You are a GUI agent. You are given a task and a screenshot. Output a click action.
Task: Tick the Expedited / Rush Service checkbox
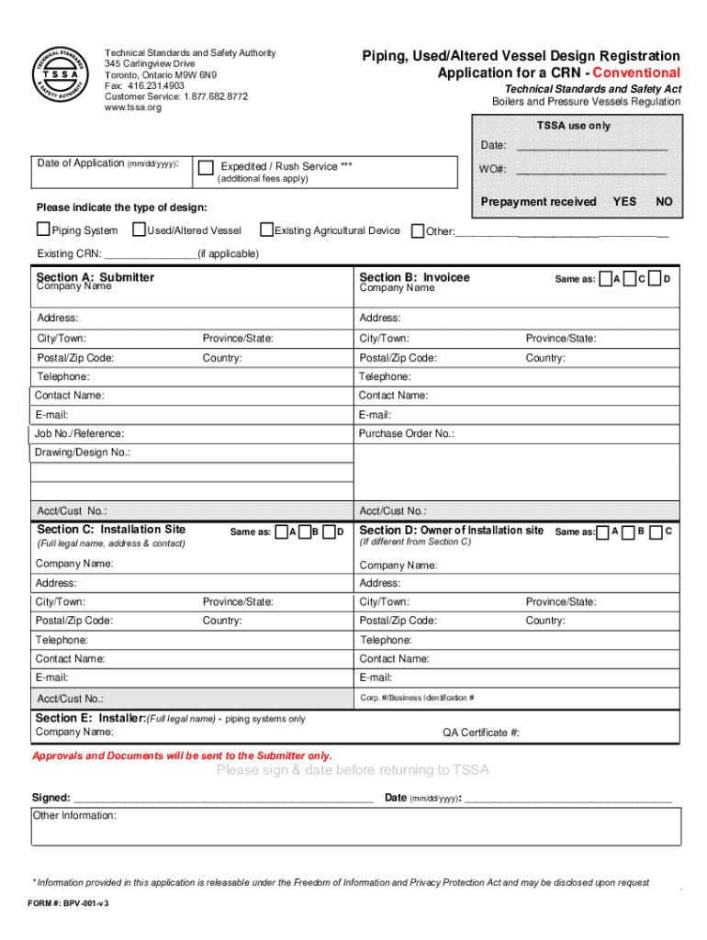[207, 167]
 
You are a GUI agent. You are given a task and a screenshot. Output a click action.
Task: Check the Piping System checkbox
[43, 229]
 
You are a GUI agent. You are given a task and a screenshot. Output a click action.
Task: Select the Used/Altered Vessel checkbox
[140, 229]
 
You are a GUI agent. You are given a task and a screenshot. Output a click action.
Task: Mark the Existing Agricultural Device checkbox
[267, 229]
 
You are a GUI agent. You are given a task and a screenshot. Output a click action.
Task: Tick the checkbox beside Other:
[418, 230]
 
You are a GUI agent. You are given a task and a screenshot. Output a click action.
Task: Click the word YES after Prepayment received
[624, 201]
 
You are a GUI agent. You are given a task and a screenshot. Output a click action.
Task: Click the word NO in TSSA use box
[664, 201]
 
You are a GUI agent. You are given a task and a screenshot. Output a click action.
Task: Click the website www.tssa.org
[133, 107]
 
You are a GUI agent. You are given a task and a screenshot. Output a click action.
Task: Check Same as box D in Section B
[654, 279]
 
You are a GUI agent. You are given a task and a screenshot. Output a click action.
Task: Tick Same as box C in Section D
[655, 532]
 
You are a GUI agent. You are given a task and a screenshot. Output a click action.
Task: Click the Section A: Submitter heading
[95, 276]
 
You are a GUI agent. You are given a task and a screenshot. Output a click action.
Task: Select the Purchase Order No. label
[406, 433]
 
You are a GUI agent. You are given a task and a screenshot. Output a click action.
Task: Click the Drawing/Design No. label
[83, 453]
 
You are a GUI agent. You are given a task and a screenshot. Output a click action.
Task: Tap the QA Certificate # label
[481, 732]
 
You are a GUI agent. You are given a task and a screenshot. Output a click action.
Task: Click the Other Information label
[74, 815]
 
